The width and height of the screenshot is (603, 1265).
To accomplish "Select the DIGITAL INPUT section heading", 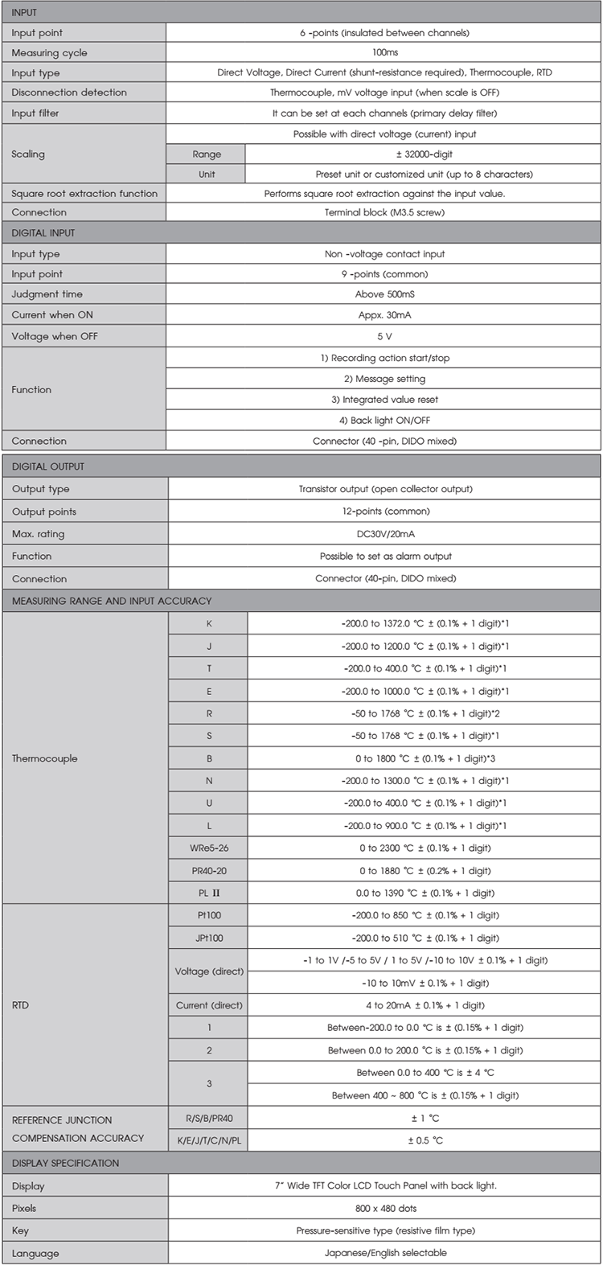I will (x=43, y=233).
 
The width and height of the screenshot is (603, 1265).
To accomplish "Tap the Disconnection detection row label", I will (x=69, y=92).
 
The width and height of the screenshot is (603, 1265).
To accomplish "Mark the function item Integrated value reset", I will (x=384, y=400).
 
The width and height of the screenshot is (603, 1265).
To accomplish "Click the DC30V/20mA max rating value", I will (x=384, y=534).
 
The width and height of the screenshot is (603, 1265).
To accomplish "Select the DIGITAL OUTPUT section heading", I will (x=48, y=466).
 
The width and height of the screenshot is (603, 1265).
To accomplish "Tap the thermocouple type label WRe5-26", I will (x=208, y=848).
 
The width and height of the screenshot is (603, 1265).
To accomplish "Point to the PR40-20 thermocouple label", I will (x=208, y=871).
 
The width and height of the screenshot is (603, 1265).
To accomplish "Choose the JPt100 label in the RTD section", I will (x=208, y=938).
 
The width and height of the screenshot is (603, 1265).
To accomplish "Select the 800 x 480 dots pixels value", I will (x=384, y=1209).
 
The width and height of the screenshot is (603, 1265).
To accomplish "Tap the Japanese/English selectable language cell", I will (x=384, y=1253).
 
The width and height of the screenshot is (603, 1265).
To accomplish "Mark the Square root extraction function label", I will (x=84, y=194).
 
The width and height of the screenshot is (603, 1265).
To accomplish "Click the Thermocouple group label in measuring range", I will (x=45, y=758).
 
